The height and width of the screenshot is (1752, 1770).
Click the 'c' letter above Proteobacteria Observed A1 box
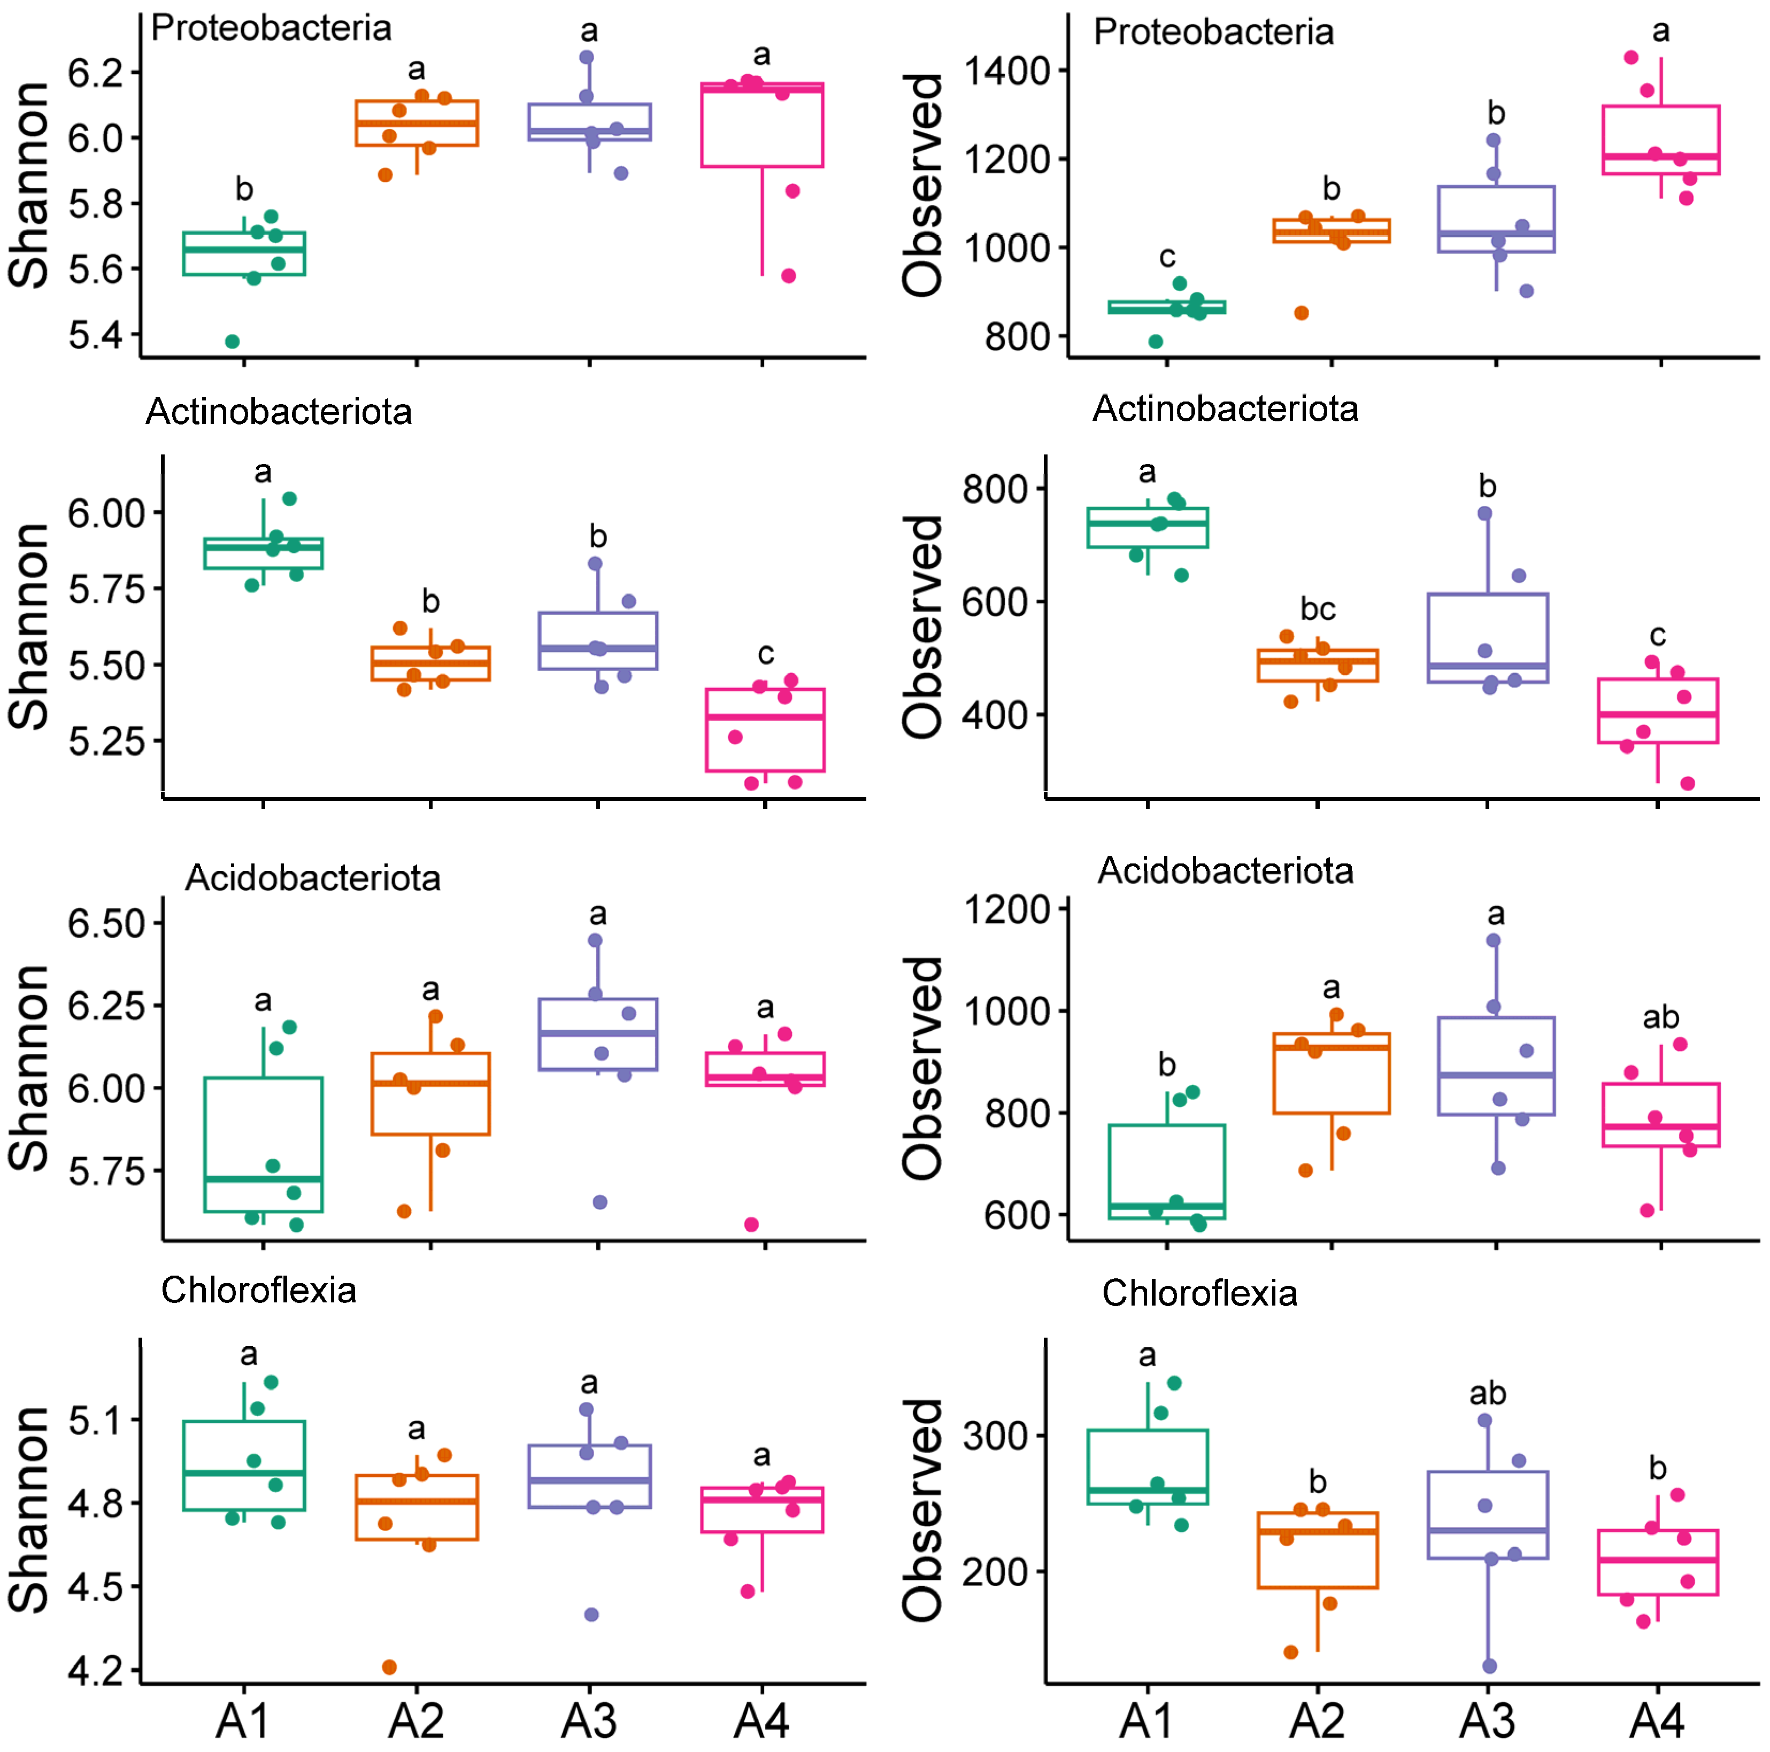coord(1166,257)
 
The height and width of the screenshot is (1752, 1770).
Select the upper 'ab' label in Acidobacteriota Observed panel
coord(1659,1017)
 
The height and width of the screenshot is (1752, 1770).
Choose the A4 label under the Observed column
coord(1657,1722)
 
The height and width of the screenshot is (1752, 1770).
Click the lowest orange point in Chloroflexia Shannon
coord(389,1667)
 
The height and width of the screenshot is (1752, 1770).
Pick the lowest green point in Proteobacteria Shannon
coord(233,342)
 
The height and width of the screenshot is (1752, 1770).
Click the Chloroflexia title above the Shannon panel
coord(258,1291)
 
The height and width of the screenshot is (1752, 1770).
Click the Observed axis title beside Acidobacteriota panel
coord(922,1068)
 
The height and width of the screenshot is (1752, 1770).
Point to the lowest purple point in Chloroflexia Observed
coord(1490,1666)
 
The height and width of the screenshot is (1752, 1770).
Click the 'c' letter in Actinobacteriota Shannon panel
coord(765,654)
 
